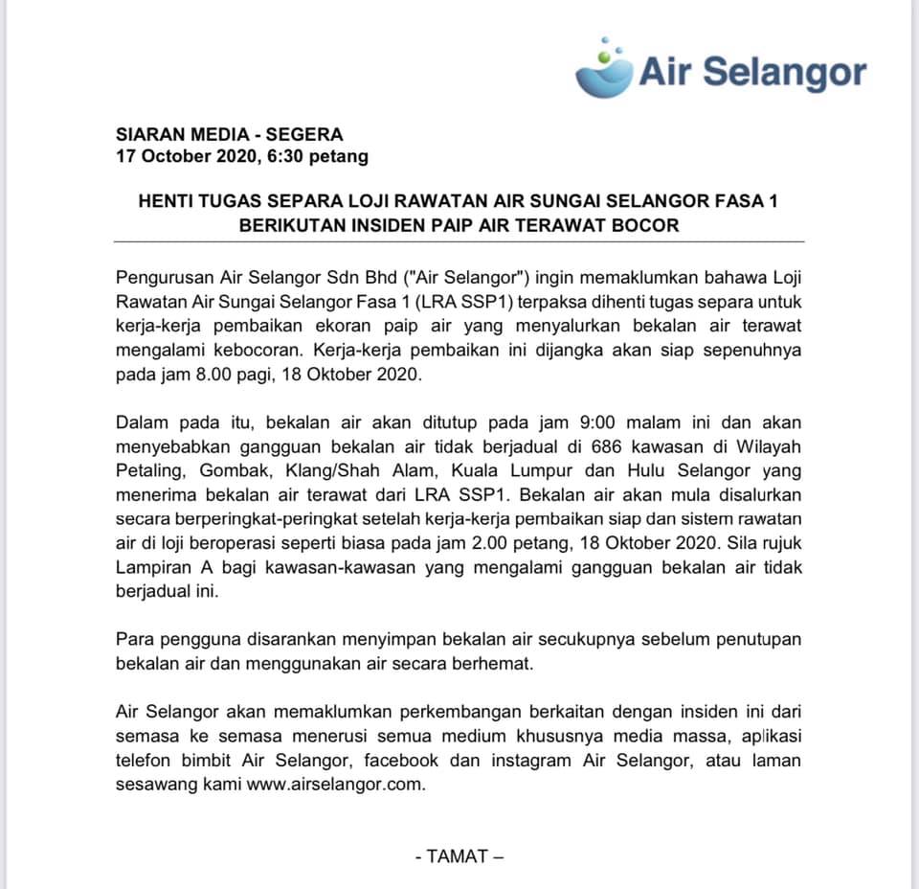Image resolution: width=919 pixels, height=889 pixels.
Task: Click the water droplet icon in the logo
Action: click(x=605, y=67)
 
